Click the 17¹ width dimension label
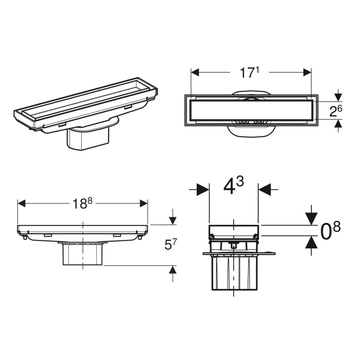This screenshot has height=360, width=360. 250,73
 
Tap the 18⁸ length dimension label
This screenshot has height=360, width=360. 83,203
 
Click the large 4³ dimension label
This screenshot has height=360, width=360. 234,185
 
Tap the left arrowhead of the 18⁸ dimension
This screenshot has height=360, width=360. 21,203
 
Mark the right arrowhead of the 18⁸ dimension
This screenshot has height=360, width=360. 144,203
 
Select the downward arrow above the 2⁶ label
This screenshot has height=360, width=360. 338,95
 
